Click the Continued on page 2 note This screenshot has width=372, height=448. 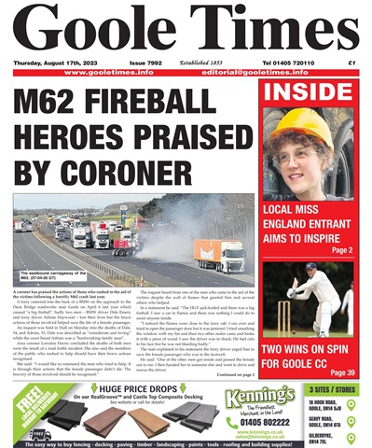pos(224,348)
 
